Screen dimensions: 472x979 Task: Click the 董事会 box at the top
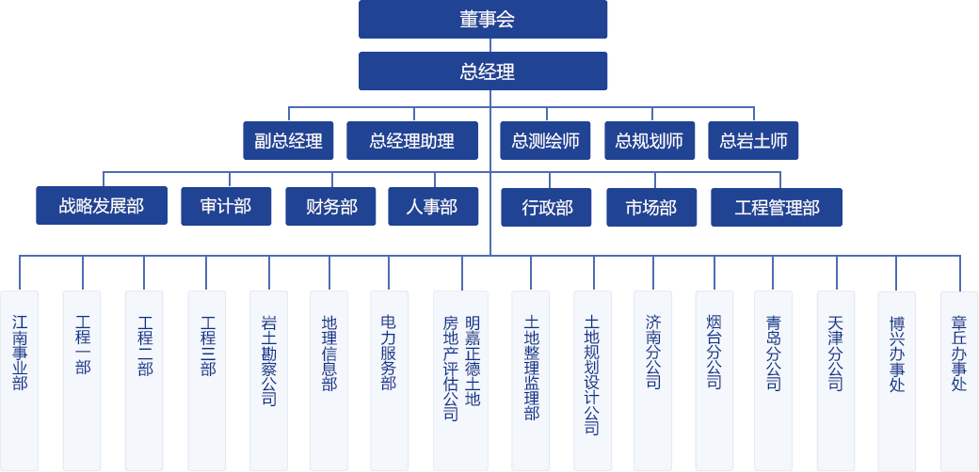coord(482,20)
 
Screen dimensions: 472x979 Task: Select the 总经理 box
coord(482,71)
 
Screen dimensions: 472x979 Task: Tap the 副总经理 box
coord(288,141)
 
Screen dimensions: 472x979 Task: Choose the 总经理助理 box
coord(412,141)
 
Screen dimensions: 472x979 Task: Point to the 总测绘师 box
coord(545,141)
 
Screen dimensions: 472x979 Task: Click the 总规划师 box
coord(649,141)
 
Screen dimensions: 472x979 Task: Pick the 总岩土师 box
coord(753,141)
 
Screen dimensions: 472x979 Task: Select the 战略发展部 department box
coord(102,206)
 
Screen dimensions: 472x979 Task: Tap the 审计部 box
coord(226,206)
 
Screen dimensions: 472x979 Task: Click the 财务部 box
coord(331,206)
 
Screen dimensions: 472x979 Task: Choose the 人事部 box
coord(433,206)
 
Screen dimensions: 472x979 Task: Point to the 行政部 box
coord(547,207)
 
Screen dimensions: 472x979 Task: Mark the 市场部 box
coord(651,207)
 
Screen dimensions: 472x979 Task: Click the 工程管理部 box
coord(777,207)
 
